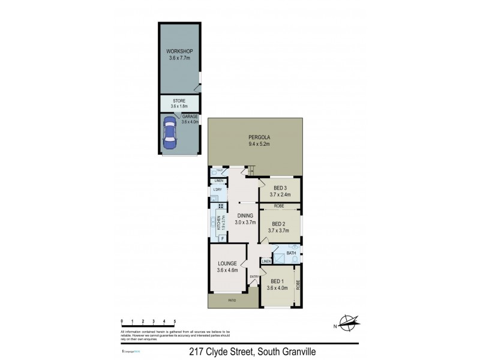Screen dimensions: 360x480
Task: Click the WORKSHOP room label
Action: pos(179,52)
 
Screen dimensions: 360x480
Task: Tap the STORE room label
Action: pos(179,101)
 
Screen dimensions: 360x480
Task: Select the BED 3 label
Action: pos(280,187)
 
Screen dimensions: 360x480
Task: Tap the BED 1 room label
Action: pos(278,281)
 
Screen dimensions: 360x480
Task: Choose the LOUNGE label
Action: pos(227,263)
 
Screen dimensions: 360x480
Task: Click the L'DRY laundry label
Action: pos(218,190)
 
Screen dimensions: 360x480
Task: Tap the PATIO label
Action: pos(231,300)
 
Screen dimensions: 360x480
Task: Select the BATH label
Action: pos(292,253)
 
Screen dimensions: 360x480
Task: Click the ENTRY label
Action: pos(254,277)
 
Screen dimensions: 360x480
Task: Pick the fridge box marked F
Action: pos(222,238)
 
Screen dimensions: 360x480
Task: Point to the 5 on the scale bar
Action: pos(175,322)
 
